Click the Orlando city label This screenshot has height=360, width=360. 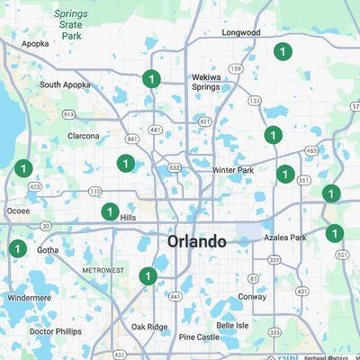pyautogui.click(x=196, y=241)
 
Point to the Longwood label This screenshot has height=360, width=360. pyautogui.click(x=241, y=32)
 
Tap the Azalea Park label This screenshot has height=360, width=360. pyautogui.click(x=285, y=238)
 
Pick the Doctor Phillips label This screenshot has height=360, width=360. pyautogui.click(x=55, y=331)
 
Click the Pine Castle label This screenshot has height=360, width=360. pyautogui.click(x=198, y=337)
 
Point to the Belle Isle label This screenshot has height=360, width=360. pyautogui.click(x=232, y=325)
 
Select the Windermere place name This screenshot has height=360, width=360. pyautogui.click(x=29, y=297)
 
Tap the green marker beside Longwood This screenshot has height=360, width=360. pyautogui.click(x=283, y=51)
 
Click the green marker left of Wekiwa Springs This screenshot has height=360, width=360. pyautogui.click(x=151, y=79)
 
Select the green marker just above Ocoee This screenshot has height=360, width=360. pyautogui.click(x=22, y=168)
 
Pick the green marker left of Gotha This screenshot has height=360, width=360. pyautogui.click(x=17, y=248)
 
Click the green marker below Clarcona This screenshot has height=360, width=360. pyautogui.click(x=125, y=163)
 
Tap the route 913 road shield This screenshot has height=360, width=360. pyautogui.click(x=68, y=114)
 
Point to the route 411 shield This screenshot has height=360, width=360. pyautogui.click(x=205, y=121)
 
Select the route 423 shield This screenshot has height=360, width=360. pyautogui.click(x=34, y=187)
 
